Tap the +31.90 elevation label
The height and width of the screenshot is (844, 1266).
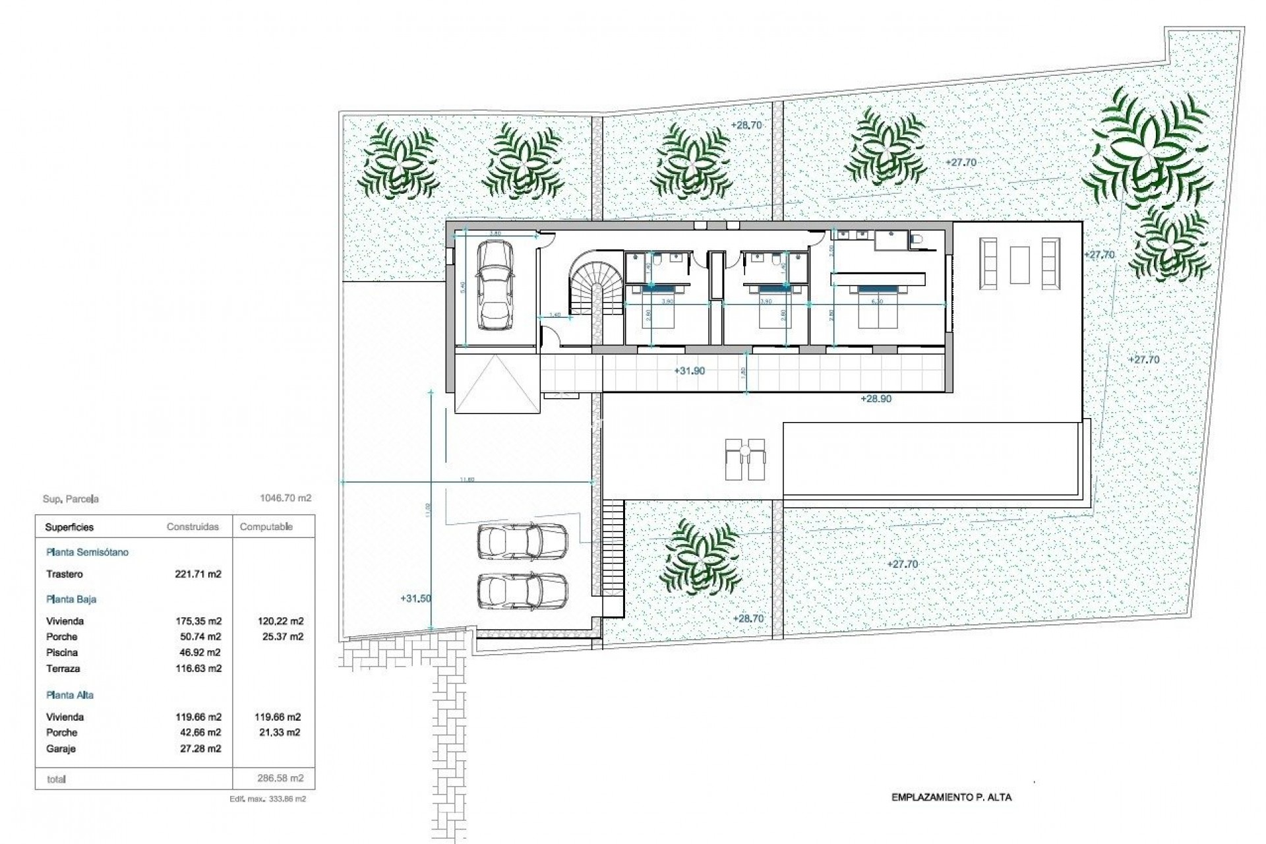pyautogui.click(x=689, y=371)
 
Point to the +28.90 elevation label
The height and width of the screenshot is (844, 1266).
pyautogui.click(x=876, y=399)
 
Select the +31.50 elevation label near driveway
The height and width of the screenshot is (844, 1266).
pyautogui.click(x=415, y=599)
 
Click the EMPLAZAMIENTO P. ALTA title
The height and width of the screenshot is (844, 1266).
pyautogui.click(x=951, y=797)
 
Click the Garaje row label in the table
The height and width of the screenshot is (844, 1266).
pyautogui.click(x=61, y=749)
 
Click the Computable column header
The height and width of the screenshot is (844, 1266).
pyautogui.click(x=266, y=527)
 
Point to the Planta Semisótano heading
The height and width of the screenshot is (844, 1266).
pyautogui.click(x=87, y=553)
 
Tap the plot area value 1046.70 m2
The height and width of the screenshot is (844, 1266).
pyautogui.click(x=286, y=498)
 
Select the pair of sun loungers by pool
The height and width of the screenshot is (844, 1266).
pyautogui.click(x=745, y=459)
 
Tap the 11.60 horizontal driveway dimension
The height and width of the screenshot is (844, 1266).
pyautogui.click(x=467, y=479)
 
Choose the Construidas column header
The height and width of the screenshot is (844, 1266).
pyautogui.click(x=193, y=527)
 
